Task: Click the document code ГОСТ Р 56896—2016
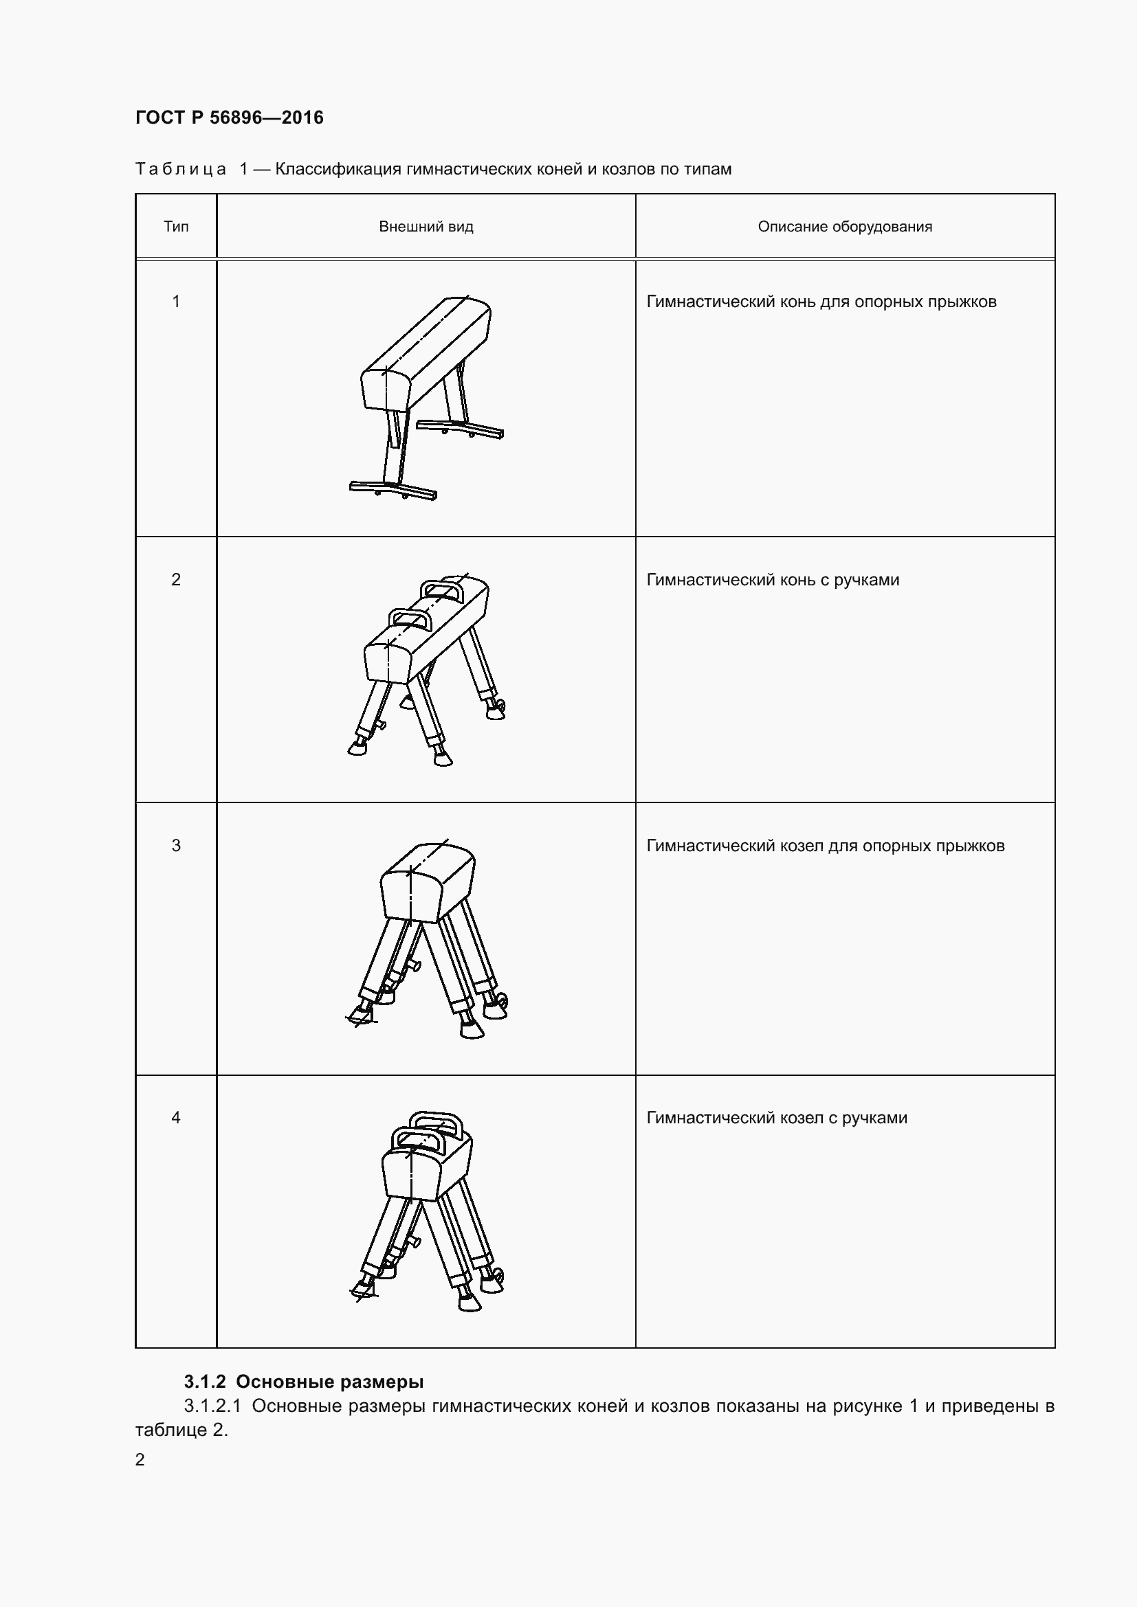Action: (x=230, y=117)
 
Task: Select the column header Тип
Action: (x=176, y=227)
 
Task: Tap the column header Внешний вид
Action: (x=426, y=227)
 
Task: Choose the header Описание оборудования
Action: (x=845, y=227)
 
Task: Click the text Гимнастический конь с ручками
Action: (x=773, y=581)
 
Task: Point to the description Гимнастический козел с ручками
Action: (x=777, y=1119)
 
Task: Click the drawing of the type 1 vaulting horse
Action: (x=426, y=398)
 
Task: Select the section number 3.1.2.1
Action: (x=213, y=1406)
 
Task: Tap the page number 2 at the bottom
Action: (x=140, y=1460)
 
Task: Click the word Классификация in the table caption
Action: (x=340, y=170)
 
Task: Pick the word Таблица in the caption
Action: (x=181, y=170)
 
